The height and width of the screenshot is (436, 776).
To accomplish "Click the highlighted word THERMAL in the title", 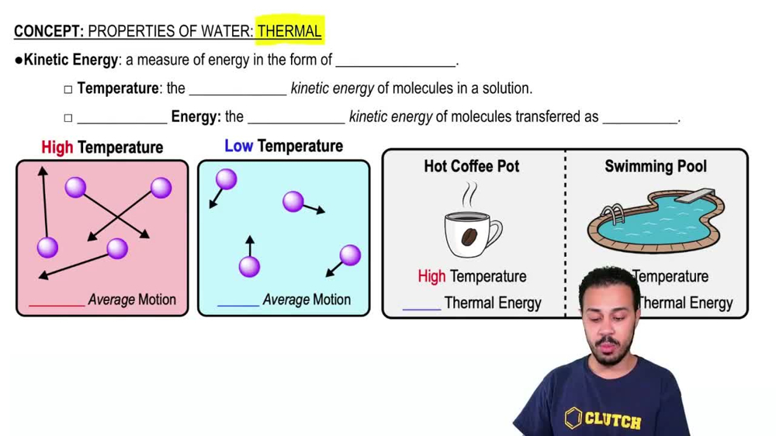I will (289, 31).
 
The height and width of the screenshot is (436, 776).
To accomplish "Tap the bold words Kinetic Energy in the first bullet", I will (71, 60).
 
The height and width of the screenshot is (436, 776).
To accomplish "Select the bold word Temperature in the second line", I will (118, 88).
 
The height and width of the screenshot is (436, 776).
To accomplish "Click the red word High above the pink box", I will (57, 147).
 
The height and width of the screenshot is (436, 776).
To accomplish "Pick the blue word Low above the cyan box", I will (238, 146).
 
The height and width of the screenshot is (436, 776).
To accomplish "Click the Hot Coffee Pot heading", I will (472, 166).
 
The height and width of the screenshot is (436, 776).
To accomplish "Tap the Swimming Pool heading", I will (656, 166).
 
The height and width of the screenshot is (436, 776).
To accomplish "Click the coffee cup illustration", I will (472, 231).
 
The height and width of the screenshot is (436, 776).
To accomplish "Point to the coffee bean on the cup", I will (469, 237).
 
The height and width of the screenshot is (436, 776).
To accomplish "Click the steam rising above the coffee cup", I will (470, 194).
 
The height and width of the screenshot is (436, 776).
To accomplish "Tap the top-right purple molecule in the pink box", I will (161, 188).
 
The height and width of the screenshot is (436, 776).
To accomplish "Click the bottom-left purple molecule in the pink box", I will (47, 247).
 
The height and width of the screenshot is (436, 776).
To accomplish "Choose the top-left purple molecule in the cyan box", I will (226, 180).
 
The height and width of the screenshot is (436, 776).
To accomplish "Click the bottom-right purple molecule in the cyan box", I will (350, 254).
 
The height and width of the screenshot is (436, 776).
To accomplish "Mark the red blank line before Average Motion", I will (56, 304).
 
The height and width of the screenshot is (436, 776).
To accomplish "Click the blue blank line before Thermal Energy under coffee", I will (421, 308).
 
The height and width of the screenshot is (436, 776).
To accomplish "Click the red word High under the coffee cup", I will (431, 276).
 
